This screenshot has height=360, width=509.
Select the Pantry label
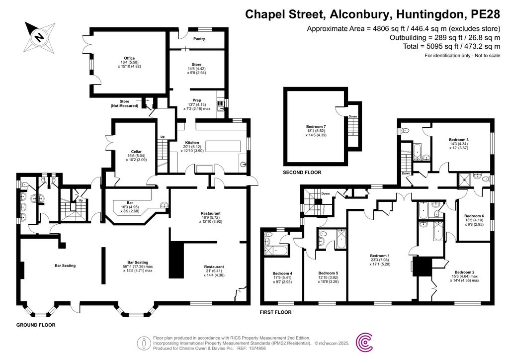(x=199, y=39)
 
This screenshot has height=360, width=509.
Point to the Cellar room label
(x=123, y=152)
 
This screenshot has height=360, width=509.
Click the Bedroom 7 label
(x=316, y=126)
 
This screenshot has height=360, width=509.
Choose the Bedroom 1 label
(x=382, y=256)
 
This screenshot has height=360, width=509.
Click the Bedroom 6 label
(x=474, y=216)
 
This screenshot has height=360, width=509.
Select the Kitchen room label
(x=192, y=143)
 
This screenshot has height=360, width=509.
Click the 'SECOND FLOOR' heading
(x=302, y=173)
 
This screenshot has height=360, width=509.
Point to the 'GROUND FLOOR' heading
(x=36, y=325)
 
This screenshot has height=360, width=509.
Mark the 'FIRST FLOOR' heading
(x=276, y=312)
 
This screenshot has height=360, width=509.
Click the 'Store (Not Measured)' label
(x=124, y=103)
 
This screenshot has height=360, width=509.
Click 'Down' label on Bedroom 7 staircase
(x=352, y=116)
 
